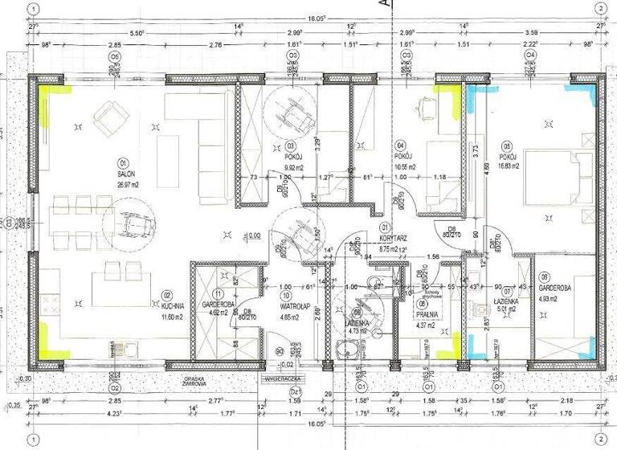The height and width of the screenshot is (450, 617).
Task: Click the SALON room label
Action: [125, 174]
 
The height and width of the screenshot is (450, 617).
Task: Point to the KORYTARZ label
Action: [395, 239]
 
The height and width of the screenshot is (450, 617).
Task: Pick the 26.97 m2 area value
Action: [125, 182]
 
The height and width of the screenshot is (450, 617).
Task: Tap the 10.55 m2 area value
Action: [407, 167]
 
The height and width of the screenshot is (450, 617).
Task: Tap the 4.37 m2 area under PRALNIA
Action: [426, 325]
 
